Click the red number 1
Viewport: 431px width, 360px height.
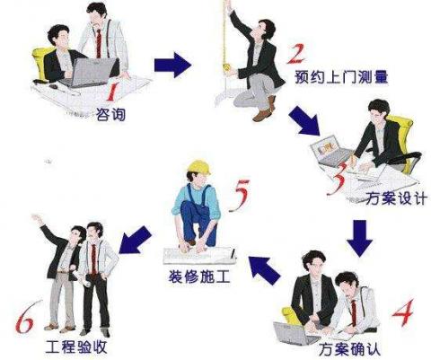click(x=112, y=91)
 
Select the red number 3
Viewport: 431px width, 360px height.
click(x=338, y=179)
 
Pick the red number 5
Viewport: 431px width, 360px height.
click(x=239, y=195)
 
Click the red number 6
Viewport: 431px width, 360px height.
click(x=26, y=318)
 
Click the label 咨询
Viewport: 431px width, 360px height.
click(x=110, y=114)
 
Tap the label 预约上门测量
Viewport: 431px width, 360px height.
click(x=341, y=76)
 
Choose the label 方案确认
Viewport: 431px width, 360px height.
click(x=349, y=349)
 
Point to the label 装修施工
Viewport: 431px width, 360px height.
click(x=199, y=277)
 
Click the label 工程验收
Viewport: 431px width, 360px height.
click(x=76, y=347)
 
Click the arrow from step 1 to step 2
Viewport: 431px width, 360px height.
click(x=172, y=66)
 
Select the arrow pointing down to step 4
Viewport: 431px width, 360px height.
click(x=359, y=238)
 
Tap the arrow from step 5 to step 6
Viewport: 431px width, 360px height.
click(x=136, y=240)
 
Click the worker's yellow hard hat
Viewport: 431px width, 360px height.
click(x=199, y=167)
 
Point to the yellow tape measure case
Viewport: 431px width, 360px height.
click(x=227, y=68)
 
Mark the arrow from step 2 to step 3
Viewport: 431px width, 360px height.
click(x=303, y=120)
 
